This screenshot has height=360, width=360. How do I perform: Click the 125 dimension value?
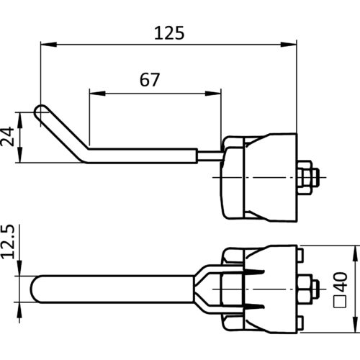169,33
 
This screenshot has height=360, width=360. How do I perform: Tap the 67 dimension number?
150,80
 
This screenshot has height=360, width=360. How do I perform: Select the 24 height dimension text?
7,136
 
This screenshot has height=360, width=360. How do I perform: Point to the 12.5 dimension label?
8,242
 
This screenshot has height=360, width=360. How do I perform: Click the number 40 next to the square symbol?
341,282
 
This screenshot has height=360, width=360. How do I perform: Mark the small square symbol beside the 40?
341,301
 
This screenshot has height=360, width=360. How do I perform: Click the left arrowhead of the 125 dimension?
49,45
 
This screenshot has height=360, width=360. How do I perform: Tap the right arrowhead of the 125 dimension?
289,45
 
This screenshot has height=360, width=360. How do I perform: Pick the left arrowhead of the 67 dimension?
97,94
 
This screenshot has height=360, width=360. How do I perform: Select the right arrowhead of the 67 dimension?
213,94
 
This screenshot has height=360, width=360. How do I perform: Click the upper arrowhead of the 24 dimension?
20,120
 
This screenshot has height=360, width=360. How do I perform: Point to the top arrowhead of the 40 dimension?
355,253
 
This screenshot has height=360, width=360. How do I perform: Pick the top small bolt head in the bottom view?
300,255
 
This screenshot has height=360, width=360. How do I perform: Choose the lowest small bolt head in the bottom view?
300,323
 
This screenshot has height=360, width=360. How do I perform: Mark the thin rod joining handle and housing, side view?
210,156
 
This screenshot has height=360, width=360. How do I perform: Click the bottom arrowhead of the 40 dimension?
355,325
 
